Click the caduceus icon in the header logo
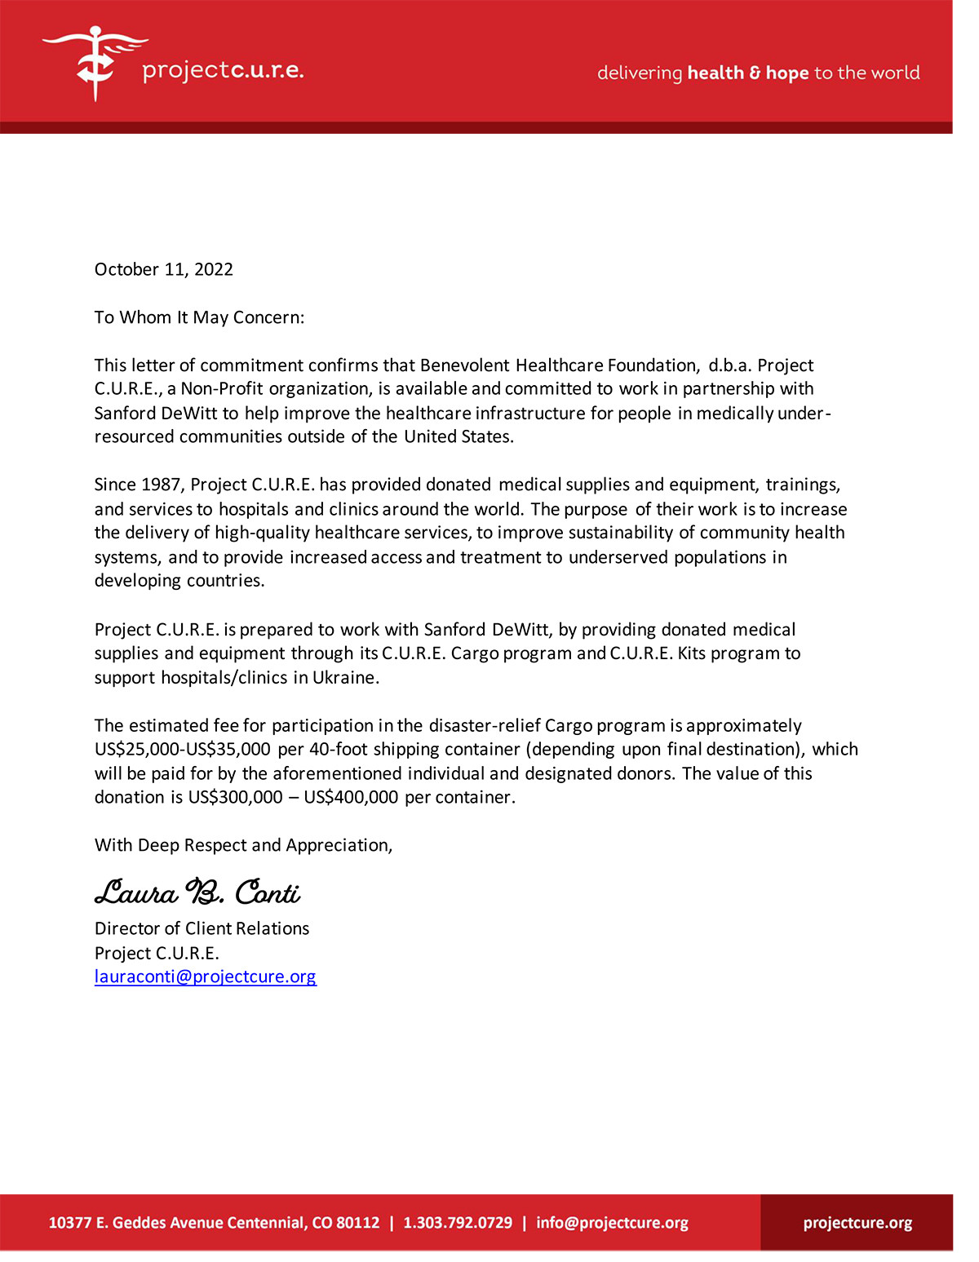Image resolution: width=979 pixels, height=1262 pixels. point(95,63)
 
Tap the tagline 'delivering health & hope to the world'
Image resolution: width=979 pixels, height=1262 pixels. point(758,73)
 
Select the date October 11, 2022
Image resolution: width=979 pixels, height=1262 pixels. point(164,269)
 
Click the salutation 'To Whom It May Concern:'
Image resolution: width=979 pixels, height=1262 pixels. point(199,317)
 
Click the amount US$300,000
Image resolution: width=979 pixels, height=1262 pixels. point(236,797)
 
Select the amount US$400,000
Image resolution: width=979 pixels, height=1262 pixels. point(352,797)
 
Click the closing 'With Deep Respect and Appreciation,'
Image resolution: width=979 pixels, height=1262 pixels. point(243,845)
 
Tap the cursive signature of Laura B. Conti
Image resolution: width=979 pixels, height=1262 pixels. point(197,892)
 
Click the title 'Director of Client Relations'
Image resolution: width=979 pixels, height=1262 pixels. point(202,928)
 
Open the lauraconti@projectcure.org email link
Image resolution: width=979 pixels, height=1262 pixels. point(205,976)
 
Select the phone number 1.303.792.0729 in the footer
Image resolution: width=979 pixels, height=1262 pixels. point(458,1223)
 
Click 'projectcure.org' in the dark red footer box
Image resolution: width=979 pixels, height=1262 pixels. point(857,1223)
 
